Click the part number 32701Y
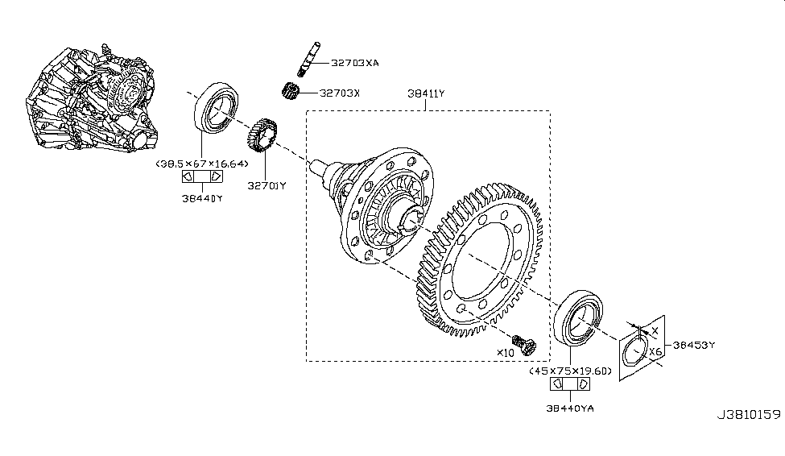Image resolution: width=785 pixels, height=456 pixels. (266, 185)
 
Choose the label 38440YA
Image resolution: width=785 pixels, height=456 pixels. (570, 408)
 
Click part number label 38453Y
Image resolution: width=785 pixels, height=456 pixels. (694, 344)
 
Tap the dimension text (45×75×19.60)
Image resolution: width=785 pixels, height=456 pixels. (571, 371)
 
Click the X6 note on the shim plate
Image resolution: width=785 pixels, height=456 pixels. (655, 352)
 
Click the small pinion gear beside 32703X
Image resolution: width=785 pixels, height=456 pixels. (291, 91)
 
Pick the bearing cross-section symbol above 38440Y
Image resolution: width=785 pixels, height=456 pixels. (200, 177)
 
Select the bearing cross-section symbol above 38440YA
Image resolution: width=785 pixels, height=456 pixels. (570, 385)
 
